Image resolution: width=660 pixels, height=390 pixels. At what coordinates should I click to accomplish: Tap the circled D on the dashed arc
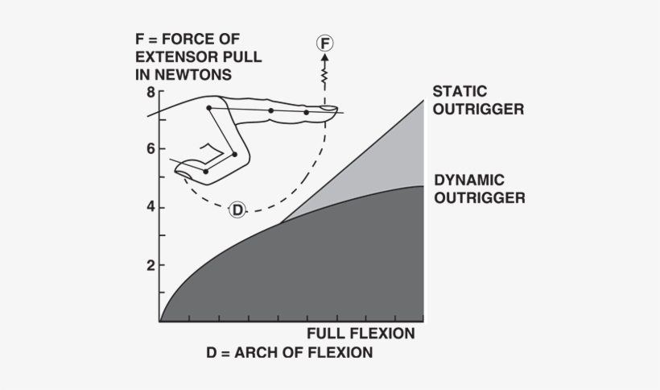237,210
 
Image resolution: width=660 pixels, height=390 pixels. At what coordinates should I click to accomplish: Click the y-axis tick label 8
151,91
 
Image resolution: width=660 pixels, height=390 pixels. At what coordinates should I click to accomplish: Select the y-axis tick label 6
151,149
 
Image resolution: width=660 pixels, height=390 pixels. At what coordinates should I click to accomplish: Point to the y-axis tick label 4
151,207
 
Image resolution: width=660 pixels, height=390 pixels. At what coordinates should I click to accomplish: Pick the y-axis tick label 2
151,265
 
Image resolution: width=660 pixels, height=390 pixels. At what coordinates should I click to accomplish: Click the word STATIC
460,91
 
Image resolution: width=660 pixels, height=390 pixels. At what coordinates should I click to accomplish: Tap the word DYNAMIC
468,180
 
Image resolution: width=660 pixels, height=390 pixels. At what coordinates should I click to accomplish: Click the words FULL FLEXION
361,334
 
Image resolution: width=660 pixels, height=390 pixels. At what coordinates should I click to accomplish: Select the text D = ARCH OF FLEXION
289,353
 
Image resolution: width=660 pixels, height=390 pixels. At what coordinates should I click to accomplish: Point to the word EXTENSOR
171,57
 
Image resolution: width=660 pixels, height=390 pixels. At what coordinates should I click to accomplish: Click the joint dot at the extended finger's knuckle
209,108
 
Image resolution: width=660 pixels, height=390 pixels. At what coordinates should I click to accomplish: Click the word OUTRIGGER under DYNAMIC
480,197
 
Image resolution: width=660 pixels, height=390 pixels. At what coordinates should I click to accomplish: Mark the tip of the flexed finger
180,169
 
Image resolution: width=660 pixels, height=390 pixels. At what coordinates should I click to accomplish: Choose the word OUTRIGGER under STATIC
478,109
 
